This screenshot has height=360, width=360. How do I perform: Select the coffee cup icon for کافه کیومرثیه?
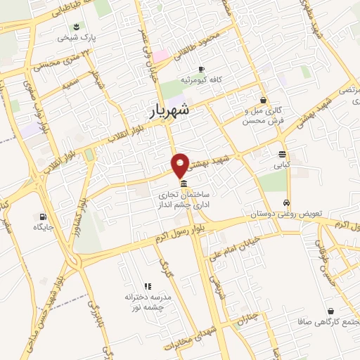(201, 70)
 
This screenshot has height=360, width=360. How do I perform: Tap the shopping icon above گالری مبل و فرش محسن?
(263, 101)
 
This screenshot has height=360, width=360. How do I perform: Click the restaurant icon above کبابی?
(282, 155)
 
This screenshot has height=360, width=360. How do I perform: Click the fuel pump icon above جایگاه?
(44, 217)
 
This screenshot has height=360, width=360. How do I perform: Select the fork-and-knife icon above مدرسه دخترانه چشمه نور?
(148, 286)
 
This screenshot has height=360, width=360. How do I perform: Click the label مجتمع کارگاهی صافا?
(323, 320)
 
